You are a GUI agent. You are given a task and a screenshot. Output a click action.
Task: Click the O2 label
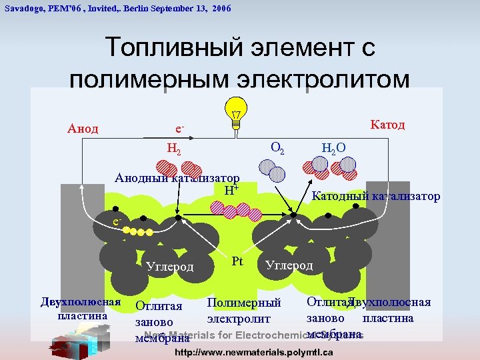277,146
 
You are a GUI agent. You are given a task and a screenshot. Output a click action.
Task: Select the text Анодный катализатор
177,178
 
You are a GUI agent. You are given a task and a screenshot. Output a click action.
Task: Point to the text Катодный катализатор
376,196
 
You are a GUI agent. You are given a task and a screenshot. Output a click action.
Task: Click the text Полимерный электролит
243,311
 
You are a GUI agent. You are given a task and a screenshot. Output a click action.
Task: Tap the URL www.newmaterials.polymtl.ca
253,352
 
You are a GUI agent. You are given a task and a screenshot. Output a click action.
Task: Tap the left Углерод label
169,267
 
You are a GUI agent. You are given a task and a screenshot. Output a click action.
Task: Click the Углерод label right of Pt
289,265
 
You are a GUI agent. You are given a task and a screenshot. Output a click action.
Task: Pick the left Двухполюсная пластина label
81,308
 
